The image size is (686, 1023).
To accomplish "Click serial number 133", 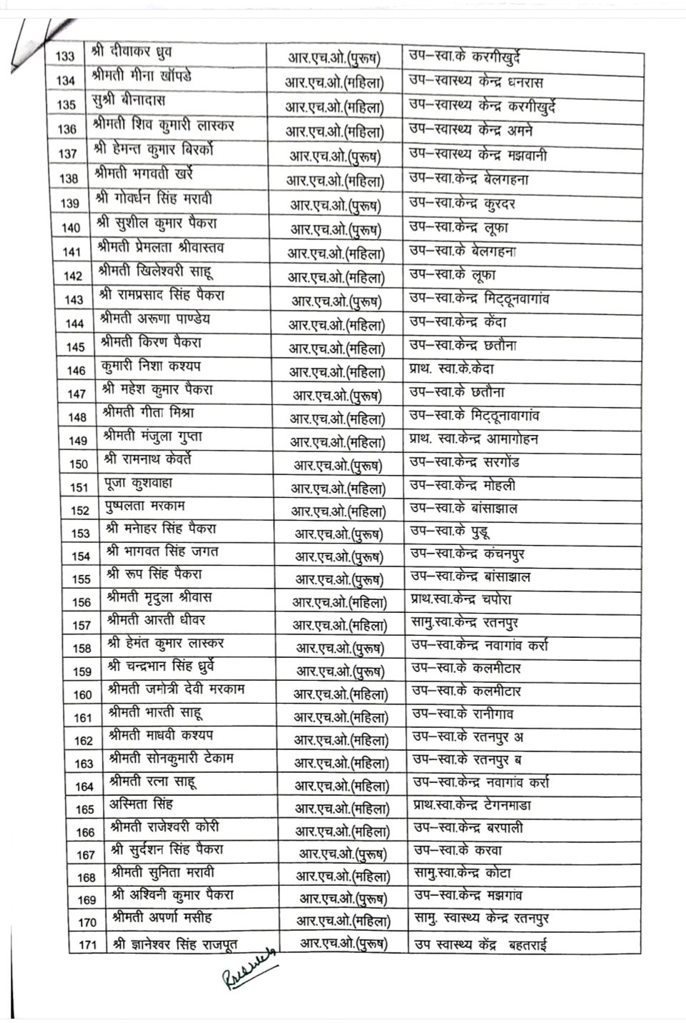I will click(x=65, y=57).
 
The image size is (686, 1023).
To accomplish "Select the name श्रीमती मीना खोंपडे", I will click(x=142, y=76).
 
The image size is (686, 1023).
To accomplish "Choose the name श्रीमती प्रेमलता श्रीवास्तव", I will click(x=161, y=249).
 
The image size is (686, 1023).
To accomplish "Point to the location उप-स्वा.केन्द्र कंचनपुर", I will click(x=468, y=554).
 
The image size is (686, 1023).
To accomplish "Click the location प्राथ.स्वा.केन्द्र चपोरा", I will click(x=461, y=599).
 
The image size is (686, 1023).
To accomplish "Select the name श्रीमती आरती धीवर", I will click(x=156, y=620).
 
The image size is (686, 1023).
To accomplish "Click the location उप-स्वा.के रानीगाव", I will click(x=462, y=714).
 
